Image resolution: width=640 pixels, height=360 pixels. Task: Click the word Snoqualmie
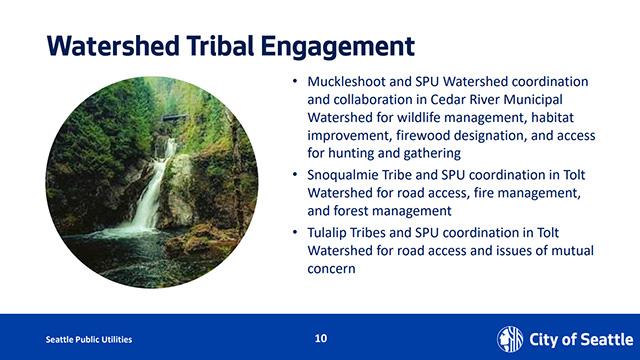(x=346, y=174)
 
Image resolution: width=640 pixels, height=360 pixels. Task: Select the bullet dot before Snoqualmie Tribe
(x=294, y=174)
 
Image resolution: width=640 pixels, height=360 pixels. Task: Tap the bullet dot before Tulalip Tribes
(x=294, y=232)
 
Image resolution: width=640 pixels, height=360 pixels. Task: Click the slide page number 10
(x=320, y=338)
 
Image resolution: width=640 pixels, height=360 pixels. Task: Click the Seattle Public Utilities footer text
(x=89, y=339)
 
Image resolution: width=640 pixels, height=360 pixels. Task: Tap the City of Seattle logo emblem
(x=510, y=338)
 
